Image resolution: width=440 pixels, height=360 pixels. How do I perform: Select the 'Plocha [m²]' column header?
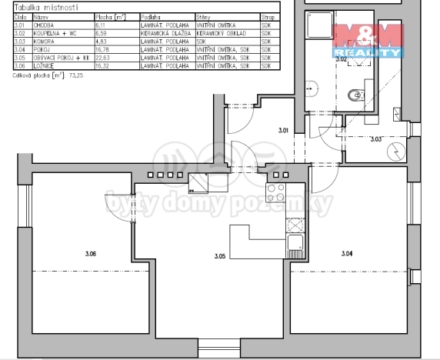(x=108, y=15)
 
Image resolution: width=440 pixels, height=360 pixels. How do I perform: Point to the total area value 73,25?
(x=76, y=75)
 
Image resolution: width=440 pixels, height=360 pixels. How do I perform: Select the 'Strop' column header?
(x=268, y=15)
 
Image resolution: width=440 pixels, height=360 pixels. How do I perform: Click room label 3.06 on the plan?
(x=92, y=253)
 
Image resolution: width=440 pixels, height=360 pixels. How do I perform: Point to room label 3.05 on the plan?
(x=219, y=256)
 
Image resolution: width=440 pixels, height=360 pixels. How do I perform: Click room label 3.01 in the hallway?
(x=282, y=132)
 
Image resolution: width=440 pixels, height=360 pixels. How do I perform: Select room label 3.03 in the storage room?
(x=376, y=140)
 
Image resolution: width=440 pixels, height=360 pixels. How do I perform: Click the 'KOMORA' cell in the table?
(x=44, y=46)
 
